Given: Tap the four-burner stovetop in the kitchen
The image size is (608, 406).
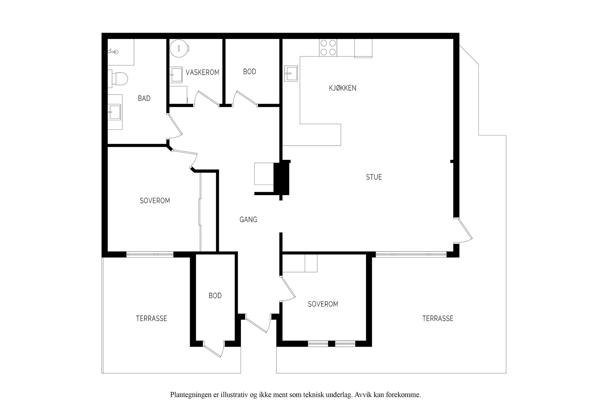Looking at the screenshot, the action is (328, 48).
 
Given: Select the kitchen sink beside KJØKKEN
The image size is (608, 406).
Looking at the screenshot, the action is (291, 74).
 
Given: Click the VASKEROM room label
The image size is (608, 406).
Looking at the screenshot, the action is (203, 72).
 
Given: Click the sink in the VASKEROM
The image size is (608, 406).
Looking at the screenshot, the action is (176, 75).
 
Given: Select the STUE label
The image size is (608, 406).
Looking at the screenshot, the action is (374, 177).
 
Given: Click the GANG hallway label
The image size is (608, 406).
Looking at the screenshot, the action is (248, 219).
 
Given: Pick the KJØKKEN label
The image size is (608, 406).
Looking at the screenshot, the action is (343, 88).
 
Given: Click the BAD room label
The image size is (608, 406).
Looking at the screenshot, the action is (144, 98).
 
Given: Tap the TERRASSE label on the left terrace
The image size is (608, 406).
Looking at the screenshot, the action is (152, 318).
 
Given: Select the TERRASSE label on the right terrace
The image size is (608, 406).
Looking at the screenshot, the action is (438, 318).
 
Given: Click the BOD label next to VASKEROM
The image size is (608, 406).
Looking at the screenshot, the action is (250, 72).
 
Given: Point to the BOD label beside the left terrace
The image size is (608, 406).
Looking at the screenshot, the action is (215, 296).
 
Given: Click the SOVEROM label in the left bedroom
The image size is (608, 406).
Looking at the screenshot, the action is (155, 200).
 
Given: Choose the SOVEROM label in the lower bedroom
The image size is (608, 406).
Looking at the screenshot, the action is (323, 304).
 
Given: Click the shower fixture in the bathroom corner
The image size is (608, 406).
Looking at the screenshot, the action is (114, 51).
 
